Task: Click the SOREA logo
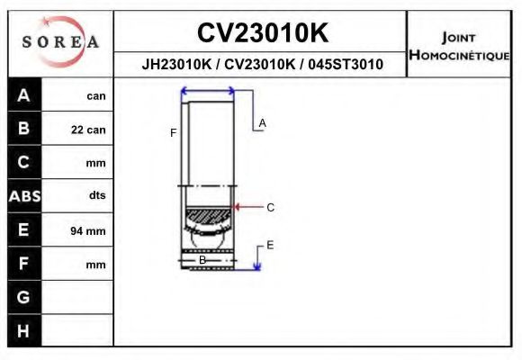(60, 42)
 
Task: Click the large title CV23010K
(262, 33)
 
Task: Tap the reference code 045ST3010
(346, 65)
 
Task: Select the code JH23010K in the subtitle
(175, 65)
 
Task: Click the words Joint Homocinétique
(460, 46)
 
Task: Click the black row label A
(23, 95)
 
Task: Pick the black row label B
(23, 129)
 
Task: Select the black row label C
(23, 163)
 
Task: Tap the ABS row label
(23, 196)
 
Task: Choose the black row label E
(23, 230)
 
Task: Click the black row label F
(23, 264)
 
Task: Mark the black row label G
(23, 297)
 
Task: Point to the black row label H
(23, 331)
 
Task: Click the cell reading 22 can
(88, 130)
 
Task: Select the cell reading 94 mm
(88, 231)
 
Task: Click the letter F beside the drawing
(173, 133)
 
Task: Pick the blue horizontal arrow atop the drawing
(208, 91)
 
